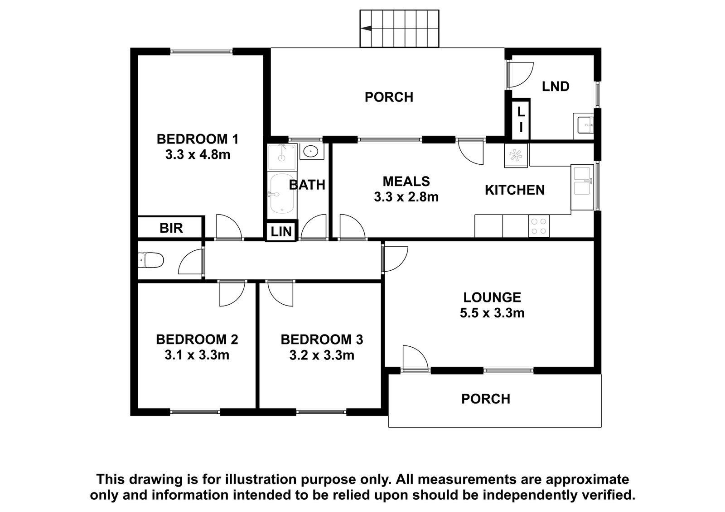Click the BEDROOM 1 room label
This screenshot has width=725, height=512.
[198, 139]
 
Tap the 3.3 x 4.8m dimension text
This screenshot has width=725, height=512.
[198, 155]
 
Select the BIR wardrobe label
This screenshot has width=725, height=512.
[171, 228]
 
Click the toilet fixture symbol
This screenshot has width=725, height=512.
[151, 260]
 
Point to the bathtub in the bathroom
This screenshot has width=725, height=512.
[282, 194]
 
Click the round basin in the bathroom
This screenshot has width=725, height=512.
[311, 151]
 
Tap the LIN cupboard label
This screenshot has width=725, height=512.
[281, 232]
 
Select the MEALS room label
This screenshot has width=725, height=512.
[406, 182]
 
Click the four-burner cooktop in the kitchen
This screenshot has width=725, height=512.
[539, 226]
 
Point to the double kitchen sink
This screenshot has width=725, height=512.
[582, 187]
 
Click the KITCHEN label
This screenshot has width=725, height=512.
[515, 190]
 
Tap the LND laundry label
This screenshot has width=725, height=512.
[556, 86]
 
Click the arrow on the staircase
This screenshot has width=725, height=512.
[366, 29]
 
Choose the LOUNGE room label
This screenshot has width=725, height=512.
[492, 297]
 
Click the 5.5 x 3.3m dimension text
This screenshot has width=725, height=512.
[492, 313]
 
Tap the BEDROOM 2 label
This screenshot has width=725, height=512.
[197, 340]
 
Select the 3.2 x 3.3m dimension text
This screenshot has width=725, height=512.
[322, 355]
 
